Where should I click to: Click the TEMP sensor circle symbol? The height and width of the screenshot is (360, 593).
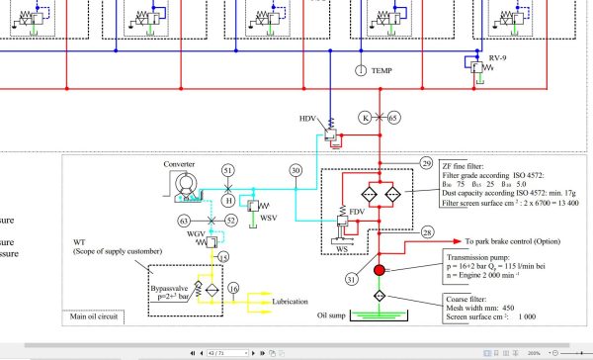[361, 70]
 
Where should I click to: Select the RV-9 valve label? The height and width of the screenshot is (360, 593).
[499, 60]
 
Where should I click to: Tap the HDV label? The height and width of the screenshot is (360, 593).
[308, 120]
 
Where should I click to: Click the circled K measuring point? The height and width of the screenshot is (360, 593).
[365, 117]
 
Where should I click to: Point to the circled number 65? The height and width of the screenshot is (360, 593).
[393, 117]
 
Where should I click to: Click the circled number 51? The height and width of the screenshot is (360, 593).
[228, 170]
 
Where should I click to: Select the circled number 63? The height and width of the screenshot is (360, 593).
[184, 220]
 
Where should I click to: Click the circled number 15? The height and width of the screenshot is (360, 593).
[223, 258]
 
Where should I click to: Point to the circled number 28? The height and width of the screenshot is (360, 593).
[427, 232]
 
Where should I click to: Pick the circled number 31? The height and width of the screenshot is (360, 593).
[351, 278]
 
